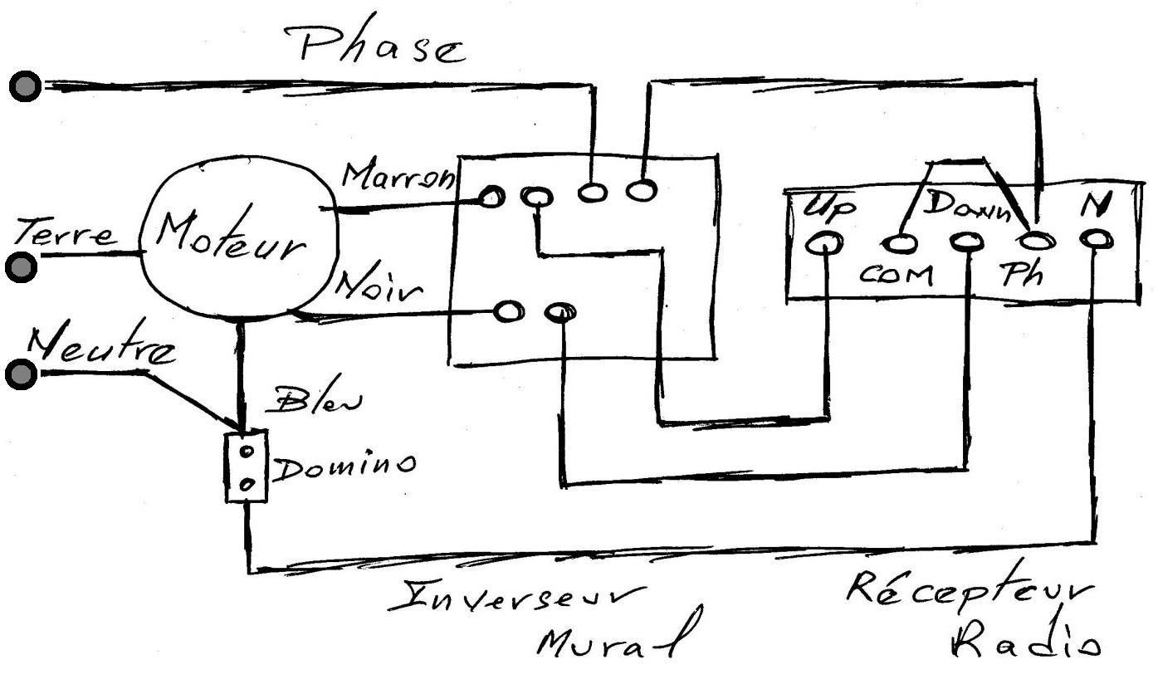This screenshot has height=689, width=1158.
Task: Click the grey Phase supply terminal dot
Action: coord(25,86)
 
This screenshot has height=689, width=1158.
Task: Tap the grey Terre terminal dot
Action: coord(21,267)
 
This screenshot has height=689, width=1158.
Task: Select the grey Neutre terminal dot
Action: coord(21,374)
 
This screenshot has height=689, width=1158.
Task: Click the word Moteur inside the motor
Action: coord(231,237)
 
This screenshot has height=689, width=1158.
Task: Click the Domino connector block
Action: coord(246,467)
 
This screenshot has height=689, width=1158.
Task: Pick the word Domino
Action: coord(344,467)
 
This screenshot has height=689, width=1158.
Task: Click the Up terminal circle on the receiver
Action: coord(824,242)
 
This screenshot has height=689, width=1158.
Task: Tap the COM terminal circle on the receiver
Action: coord(900,243)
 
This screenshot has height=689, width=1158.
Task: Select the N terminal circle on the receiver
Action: coord(1096,240)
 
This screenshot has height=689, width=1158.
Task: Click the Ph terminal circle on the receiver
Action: coord(1035,241)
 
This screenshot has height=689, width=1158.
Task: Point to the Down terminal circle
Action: coord(967,242)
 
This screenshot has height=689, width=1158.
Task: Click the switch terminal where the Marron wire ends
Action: coord(491,197)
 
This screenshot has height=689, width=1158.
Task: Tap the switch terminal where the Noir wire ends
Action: coord(509,311)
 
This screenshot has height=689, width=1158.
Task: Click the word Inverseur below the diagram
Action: coord(517,597)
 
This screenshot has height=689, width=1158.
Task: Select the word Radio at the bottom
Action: coord(1026,640)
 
